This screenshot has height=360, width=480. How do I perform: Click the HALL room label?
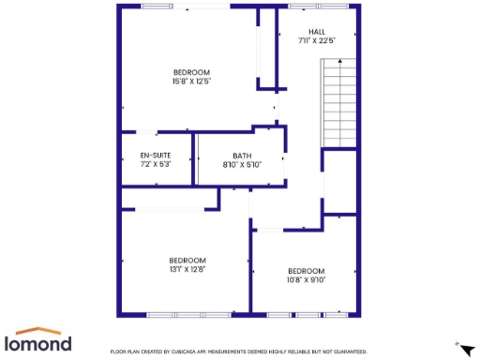click(x=317, y=32)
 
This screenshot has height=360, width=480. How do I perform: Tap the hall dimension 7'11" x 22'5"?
click(x=317, y=41)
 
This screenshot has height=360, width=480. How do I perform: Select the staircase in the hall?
click(x=340, y=102)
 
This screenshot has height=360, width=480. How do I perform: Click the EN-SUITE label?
click(x=155, y=155)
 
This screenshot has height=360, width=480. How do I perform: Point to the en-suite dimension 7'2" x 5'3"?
click(x=155, y=164)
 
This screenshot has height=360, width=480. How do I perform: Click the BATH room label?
click(x=242, y=156)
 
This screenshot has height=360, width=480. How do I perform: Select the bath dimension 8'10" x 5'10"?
click(x=242, y=165)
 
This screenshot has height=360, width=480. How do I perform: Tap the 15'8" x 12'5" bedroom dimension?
click(x=191, y=82)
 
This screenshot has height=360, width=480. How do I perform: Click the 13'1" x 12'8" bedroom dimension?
click(x=187, y=269)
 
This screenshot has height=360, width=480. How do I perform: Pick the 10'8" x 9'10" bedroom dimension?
click(x=307, y=279)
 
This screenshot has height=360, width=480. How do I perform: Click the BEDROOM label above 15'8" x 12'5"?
click(x=191, y=72)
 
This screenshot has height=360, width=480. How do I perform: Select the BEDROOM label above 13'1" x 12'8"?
click(x=187, y=260)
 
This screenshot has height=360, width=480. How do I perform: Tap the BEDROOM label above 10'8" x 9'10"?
click(x=307, y=271)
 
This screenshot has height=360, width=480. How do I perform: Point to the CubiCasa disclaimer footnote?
click(x=238, y=352)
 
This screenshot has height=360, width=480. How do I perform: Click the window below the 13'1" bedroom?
click(x=189, y=313)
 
